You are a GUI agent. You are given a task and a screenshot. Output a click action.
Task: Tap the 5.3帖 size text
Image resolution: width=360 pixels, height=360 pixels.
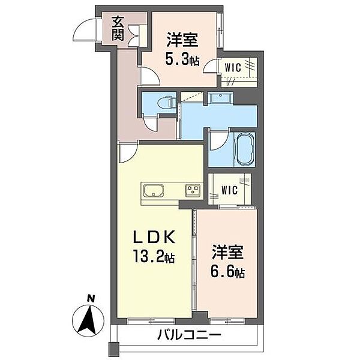coord(183,59)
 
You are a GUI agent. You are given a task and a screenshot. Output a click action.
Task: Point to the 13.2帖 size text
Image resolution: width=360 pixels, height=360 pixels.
coord(154,259)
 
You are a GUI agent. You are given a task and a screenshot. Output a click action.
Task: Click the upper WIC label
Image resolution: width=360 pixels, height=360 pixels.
coord(234,68)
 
